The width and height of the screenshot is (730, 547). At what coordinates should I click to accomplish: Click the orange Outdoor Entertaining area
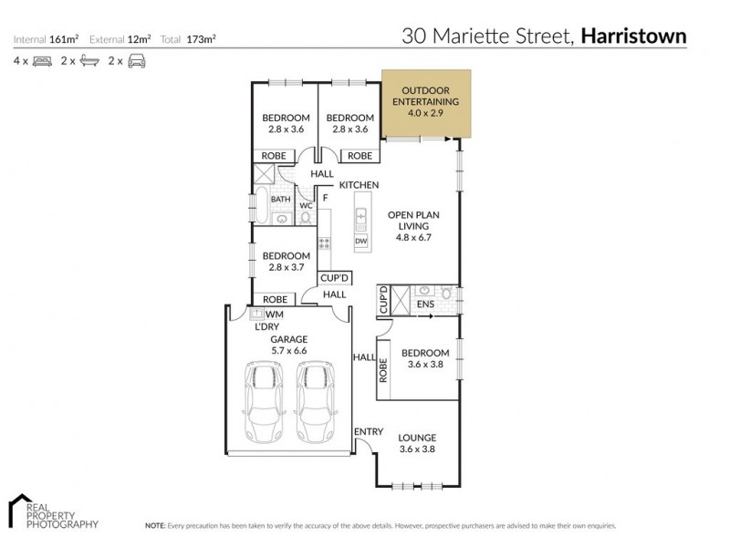pyautogui.click(x=426, y=103)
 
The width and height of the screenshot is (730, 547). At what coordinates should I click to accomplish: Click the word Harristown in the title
pyautogui.click(x=633, y=36)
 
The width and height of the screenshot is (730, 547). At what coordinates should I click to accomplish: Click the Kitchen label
pyautogui.click(x=359, y=185)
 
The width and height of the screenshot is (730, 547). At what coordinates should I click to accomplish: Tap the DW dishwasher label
pyautogui.click(x=360, y=241)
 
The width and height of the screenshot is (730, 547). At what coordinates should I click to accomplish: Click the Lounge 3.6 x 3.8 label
pyautogui.click(x=417, y=443)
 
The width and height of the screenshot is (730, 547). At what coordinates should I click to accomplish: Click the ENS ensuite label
pyautogui.click(x=424, y=304)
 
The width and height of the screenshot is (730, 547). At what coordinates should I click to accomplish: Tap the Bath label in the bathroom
pyautogui.click(x=280, y=199)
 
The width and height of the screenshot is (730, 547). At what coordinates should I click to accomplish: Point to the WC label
pyautogui.click(x=307, y=206)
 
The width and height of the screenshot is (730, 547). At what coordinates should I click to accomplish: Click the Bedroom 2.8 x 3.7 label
pyautogui.click(x=286, y=262)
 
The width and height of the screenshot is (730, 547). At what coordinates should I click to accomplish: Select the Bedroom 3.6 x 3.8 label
pyautogui.click(x=425, y=358)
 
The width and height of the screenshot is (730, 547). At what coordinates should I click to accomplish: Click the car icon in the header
pyautogui.click(x=137, y=61)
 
